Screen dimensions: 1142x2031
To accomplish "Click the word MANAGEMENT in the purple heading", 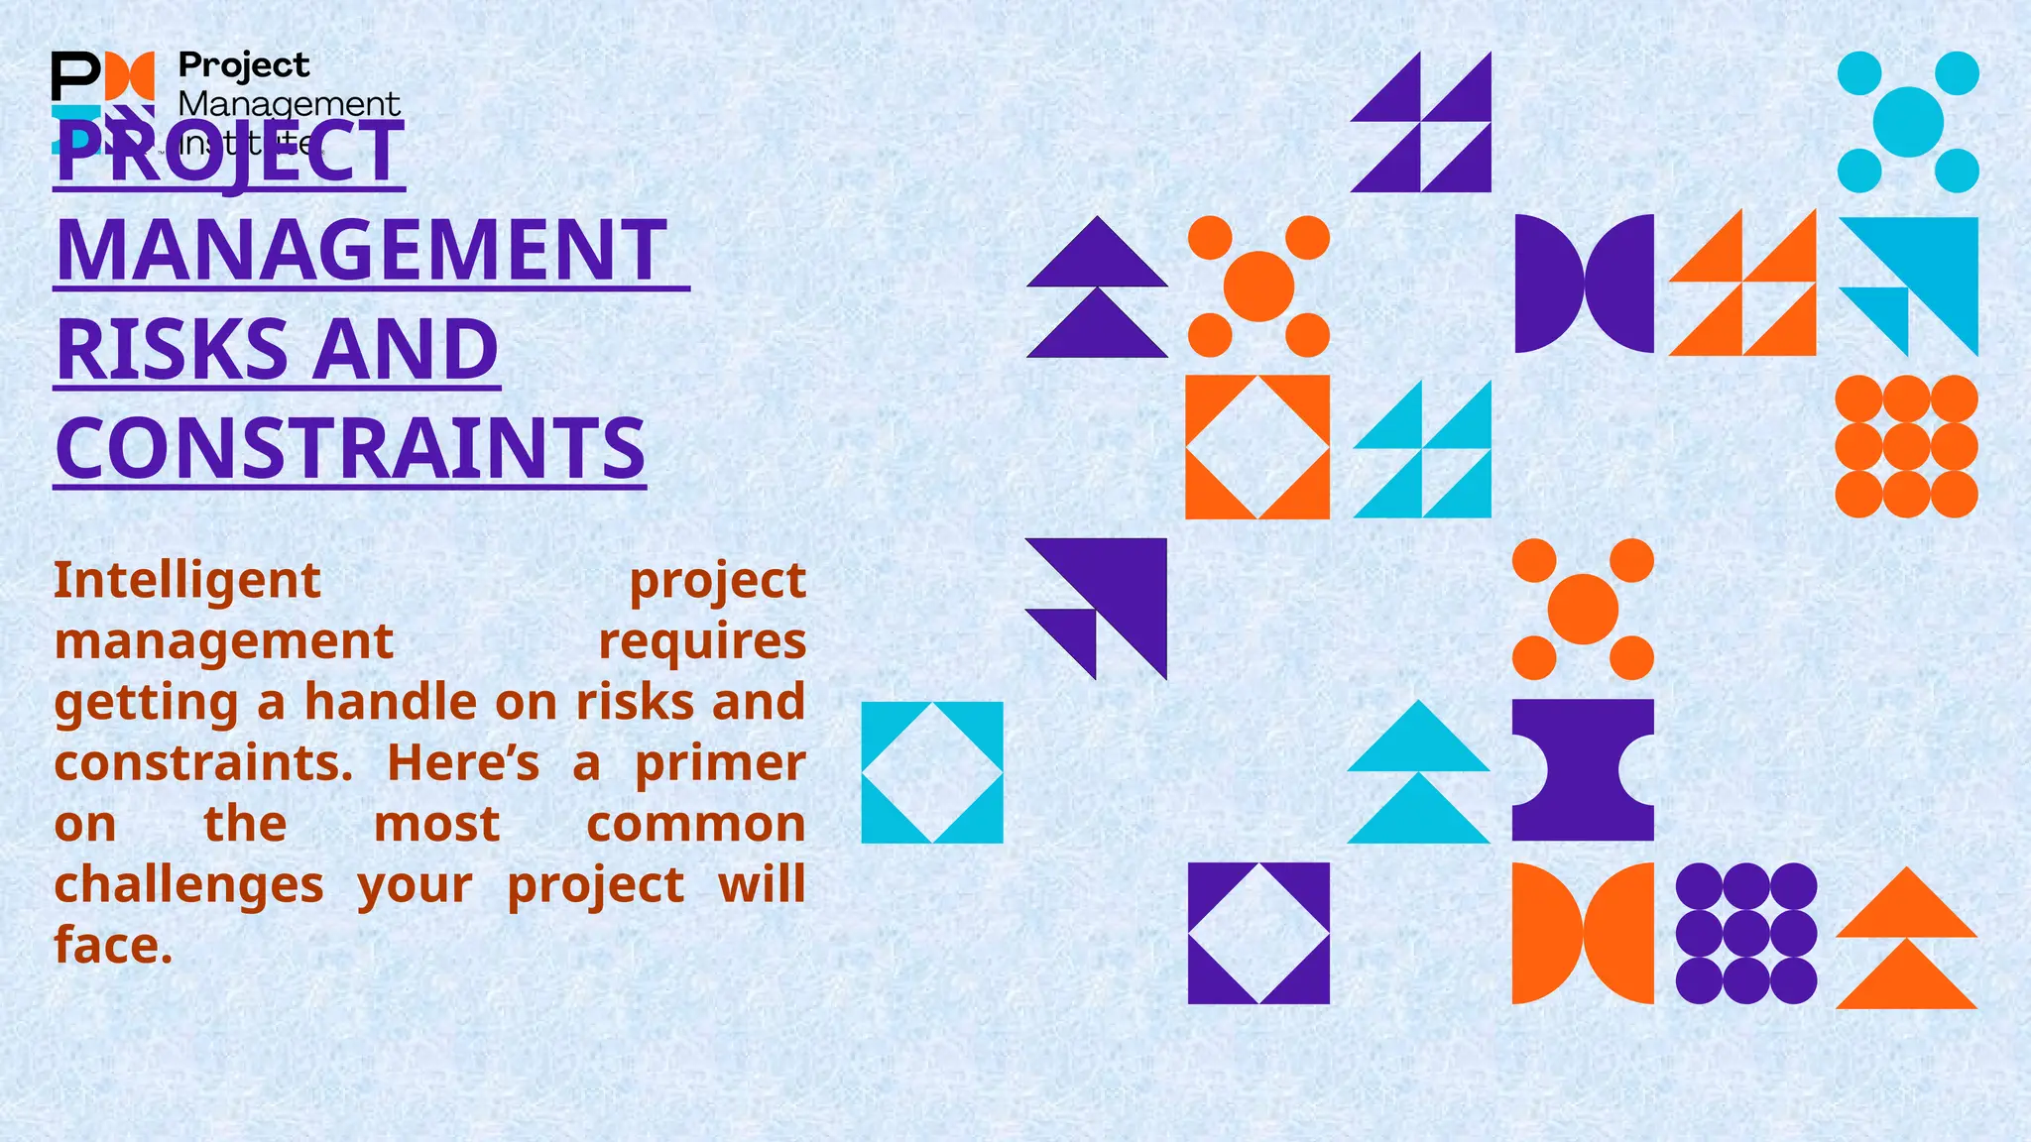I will point(362,250).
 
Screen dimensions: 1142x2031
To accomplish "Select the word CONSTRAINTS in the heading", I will point(350,448).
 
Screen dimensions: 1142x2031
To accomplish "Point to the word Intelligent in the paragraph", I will point(187,580).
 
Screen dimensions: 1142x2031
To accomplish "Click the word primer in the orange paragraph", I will point(720,763).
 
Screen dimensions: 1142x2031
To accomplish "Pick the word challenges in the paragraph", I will point(188,884).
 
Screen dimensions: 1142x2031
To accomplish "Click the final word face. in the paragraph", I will point(113,945).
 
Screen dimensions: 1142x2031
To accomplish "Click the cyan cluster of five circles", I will point(1908,122).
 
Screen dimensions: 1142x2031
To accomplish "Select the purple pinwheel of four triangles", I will point(1421,122).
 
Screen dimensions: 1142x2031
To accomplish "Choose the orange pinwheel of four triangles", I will point(1742,284).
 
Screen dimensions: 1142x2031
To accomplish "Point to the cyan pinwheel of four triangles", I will point(1422,449).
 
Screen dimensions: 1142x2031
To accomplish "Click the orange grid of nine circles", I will point(1906,446).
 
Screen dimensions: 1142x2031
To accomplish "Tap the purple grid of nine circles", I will point(1745,933).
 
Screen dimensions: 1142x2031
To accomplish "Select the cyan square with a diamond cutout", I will point(932,772).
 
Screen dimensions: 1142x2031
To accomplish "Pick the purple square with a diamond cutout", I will point(1258,933).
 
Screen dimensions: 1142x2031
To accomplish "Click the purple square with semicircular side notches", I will point(1583,770).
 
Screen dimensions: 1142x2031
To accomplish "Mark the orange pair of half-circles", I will point(1583,933).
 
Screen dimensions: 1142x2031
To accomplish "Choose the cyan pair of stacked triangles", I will point(1418,772).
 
